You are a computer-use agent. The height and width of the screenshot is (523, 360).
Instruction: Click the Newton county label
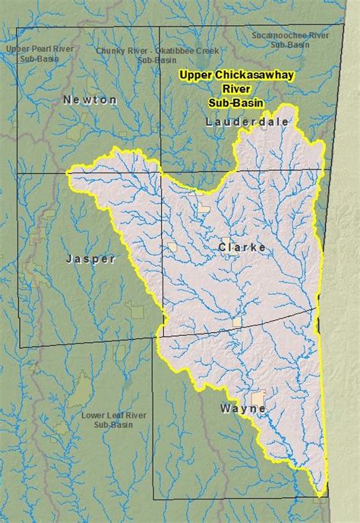(91, 100)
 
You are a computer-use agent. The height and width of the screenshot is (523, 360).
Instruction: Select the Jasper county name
(90, 259)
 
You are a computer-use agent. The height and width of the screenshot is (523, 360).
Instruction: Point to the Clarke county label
(242, 248)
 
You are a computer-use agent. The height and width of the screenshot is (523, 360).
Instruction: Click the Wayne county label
(242, 408)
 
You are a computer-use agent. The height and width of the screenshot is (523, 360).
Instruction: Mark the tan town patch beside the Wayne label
(260, 398)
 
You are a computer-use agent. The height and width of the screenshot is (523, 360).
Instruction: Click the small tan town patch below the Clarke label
(238, 322)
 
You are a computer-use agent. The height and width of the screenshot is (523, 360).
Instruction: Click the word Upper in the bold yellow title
(193, 76)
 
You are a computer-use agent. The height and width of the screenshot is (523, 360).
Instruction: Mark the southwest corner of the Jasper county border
(20, 347)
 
